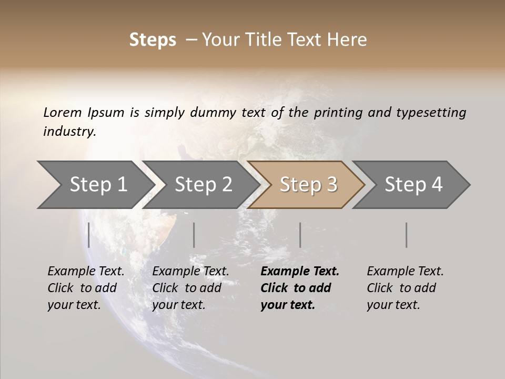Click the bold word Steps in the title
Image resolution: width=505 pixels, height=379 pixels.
[153, 40]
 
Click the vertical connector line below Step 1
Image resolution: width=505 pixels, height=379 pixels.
[89, 235]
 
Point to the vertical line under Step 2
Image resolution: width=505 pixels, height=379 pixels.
[194, 235]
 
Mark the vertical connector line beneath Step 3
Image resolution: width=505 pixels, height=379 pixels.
[300, 235]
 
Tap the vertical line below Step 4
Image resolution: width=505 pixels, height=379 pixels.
[407, 235]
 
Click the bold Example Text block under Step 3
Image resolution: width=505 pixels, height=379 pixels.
[299, 288]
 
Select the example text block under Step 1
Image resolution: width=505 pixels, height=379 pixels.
[86, 288]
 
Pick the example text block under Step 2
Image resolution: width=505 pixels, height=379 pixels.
[190, 288]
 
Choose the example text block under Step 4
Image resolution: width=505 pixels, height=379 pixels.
[405, 288]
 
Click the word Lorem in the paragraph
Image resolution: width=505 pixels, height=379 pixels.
[63, 113]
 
